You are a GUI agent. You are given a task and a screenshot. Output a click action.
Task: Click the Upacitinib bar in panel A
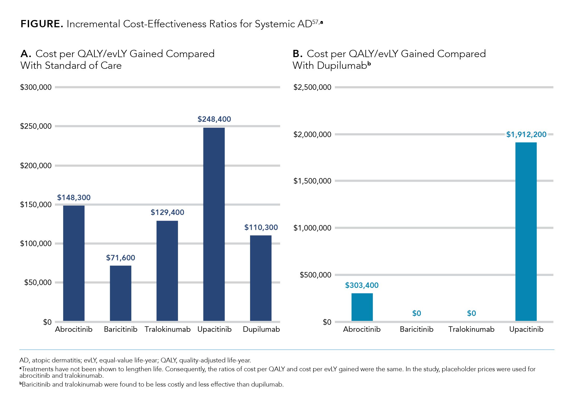pyautogui.click(x=214, y=224)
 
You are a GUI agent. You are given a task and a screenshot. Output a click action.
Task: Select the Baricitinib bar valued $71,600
pyautogui.click(x=121, y=293)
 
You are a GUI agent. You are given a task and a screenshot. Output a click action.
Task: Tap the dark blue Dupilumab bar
pyautogui.click(x=261, y=278)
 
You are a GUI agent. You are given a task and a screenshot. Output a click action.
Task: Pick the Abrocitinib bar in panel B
pyautogui.click(x=362, y=307)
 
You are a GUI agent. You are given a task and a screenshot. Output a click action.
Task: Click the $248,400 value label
pyautogui.click(x=214, y=119)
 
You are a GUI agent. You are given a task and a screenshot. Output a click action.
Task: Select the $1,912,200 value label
pyautogui.click(x=526, y=134)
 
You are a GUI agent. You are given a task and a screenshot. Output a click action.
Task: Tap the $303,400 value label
pyautogui.click(x=362, y=285)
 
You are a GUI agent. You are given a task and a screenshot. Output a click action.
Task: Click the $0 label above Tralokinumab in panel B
pyautogui.click(x=471, y=313)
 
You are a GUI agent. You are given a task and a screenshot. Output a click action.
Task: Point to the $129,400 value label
pyautogui.click(x=167, y=212)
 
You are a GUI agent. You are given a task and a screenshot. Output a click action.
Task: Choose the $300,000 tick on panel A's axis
pyautogui.click(x=36, y=87)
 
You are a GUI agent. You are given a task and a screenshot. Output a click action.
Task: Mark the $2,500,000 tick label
pyautogui.click(x=312, y=87)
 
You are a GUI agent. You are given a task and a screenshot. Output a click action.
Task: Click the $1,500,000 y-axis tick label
pyautogui.click(x=312, y=181)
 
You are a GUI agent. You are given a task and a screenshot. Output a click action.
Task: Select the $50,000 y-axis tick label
pyautogui.click(x=38, y=282)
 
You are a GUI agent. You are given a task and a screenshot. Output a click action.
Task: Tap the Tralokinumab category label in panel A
pyautogui.click(x=167, y=329)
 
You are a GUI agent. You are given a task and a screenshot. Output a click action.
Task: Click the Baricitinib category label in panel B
pyautogui.click(x=416, y=329)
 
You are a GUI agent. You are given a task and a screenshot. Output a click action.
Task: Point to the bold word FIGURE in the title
pyautogui.click(x=42, y=24)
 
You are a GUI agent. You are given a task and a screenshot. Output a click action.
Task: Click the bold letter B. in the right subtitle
pyautogui.click(x=297, y=54)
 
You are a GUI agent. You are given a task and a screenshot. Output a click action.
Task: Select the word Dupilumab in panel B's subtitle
pyautogui.click(x=342, y=66)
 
